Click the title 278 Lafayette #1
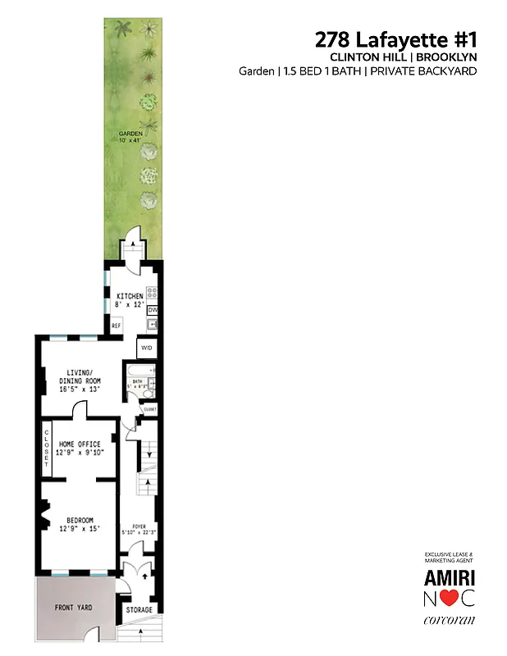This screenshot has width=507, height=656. pyautogui.click(x=395, y=39)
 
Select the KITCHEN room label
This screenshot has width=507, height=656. pyautogui.click(x=130, y=296)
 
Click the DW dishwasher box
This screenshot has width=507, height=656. pyautogui.click(x=153, y=310)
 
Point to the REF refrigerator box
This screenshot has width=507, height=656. pyautogui.click(x=116, y=326)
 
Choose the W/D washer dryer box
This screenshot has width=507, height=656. pyautogui.click(x=148, y=348)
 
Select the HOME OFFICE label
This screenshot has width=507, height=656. pyautogui.click(x=82, y=448)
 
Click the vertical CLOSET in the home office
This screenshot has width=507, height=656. pyautogui.click(x=47, y=449)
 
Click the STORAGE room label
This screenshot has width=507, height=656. pyautogui.click(x=139, y=610)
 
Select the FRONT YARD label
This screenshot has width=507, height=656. pyautogui.click(x=74, y=607)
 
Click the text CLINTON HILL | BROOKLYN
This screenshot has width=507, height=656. pyautogui.click(x=403, y=57)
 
